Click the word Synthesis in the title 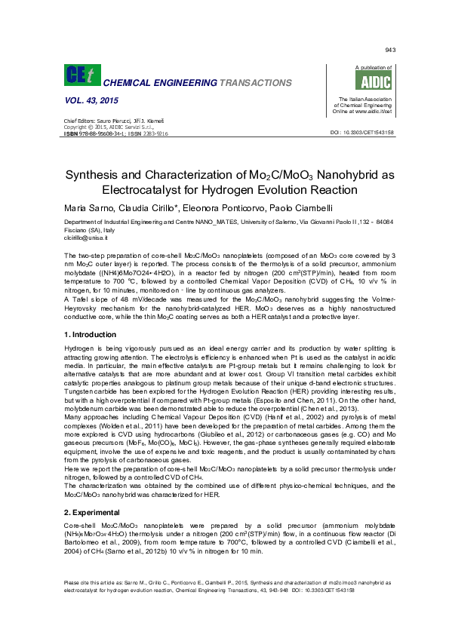pyautogui.click(x=112, y=173)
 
